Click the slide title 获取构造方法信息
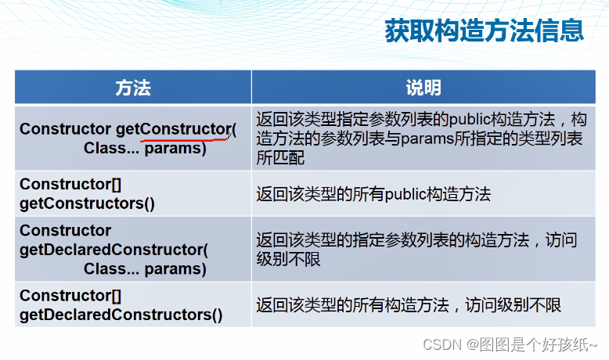click(485, 31)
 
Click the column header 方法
click(133, 88)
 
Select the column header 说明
click(423, 88)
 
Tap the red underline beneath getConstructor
click(186, 139)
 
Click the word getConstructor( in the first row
click(176, 129)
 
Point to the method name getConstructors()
click(87, 203)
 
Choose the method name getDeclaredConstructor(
click(114, 250)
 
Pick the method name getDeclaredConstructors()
click(121, 315)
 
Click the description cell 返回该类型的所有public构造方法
click(373, 194)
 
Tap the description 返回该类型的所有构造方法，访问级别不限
click(409, 305)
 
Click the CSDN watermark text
click(510, 344)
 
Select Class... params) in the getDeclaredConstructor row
click(145, 268)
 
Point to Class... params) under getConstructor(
click(145, 148)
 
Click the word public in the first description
click(469, 119)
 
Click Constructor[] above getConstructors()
click(70, 185)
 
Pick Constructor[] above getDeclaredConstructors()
click(70, 296)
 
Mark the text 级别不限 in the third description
click(288, 259)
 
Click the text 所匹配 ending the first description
click(280, 157)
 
